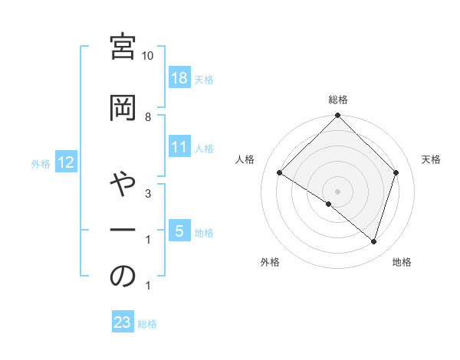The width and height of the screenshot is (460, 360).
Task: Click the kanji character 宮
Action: coord(123,47)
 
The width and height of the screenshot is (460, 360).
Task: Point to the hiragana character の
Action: coord(123,277)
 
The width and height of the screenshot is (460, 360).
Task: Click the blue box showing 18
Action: coord(179,77)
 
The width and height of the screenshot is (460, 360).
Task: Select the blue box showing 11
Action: coord(179,147)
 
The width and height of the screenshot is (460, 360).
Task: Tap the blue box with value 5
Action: coord(179,231)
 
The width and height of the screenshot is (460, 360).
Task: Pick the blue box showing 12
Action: coord(66,162)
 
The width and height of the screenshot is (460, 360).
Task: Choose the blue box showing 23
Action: coord(123,322)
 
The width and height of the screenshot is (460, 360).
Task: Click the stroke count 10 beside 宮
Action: coord(148,56)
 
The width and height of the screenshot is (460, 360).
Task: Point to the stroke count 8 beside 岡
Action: coord(148,116)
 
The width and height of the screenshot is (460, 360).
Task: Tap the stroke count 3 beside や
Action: coord(148,194)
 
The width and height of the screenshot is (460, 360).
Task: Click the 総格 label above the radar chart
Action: coord(338,100)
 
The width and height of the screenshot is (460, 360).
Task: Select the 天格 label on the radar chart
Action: coord(432,159)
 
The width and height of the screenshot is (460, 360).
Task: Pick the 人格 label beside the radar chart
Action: coord(245,159)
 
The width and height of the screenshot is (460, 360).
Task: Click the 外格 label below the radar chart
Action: coord(269,262)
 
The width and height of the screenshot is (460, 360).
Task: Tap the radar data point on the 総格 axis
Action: coord(337,116)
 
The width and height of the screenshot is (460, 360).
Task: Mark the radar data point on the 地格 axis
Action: coord(373,241)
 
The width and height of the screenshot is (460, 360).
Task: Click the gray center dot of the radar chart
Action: coord(337,191)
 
